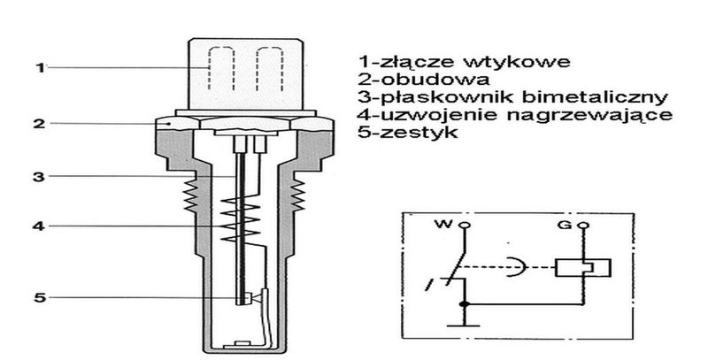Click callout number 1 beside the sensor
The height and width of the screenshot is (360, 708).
(41, 68)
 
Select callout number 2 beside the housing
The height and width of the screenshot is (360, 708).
(40, 123)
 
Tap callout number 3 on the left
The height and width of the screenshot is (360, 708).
(40, 176)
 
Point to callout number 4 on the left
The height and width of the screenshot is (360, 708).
(40, 226)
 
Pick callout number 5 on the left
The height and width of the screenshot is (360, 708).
(40, 298)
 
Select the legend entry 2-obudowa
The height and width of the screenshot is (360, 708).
(424, 80)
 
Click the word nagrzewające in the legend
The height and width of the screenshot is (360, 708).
(589, 116)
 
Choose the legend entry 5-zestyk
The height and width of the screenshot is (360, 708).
(408, 132)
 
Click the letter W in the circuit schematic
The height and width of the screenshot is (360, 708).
(444, 224)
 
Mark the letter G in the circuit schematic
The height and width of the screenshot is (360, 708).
(565, 224)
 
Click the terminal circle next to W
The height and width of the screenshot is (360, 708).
(465, 225)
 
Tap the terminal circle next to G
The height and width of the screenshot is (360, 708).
(585, 225)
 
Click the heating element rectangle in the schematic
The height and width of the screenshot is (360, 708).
(583, 267)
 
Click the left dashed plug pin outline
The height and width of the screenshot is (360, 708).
(220, 69)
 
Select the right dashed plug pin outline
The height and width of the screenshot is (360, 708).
(270, 69)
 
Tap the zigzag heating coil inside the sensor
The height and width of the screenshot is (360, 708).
(240, 219)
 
